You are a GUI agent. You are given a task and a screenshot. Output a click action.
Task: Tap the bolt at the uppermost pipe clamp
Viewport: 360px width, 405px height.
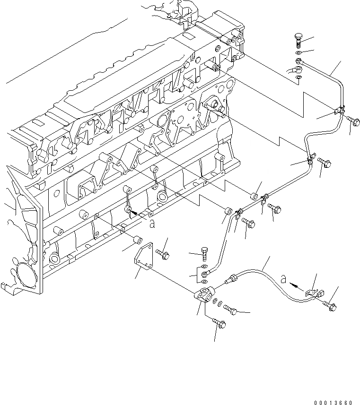coord(352,121)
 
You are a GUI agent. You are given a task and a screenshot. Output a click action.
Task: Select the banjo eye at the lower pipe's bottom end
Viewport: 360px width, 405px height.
coord(205,273)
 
